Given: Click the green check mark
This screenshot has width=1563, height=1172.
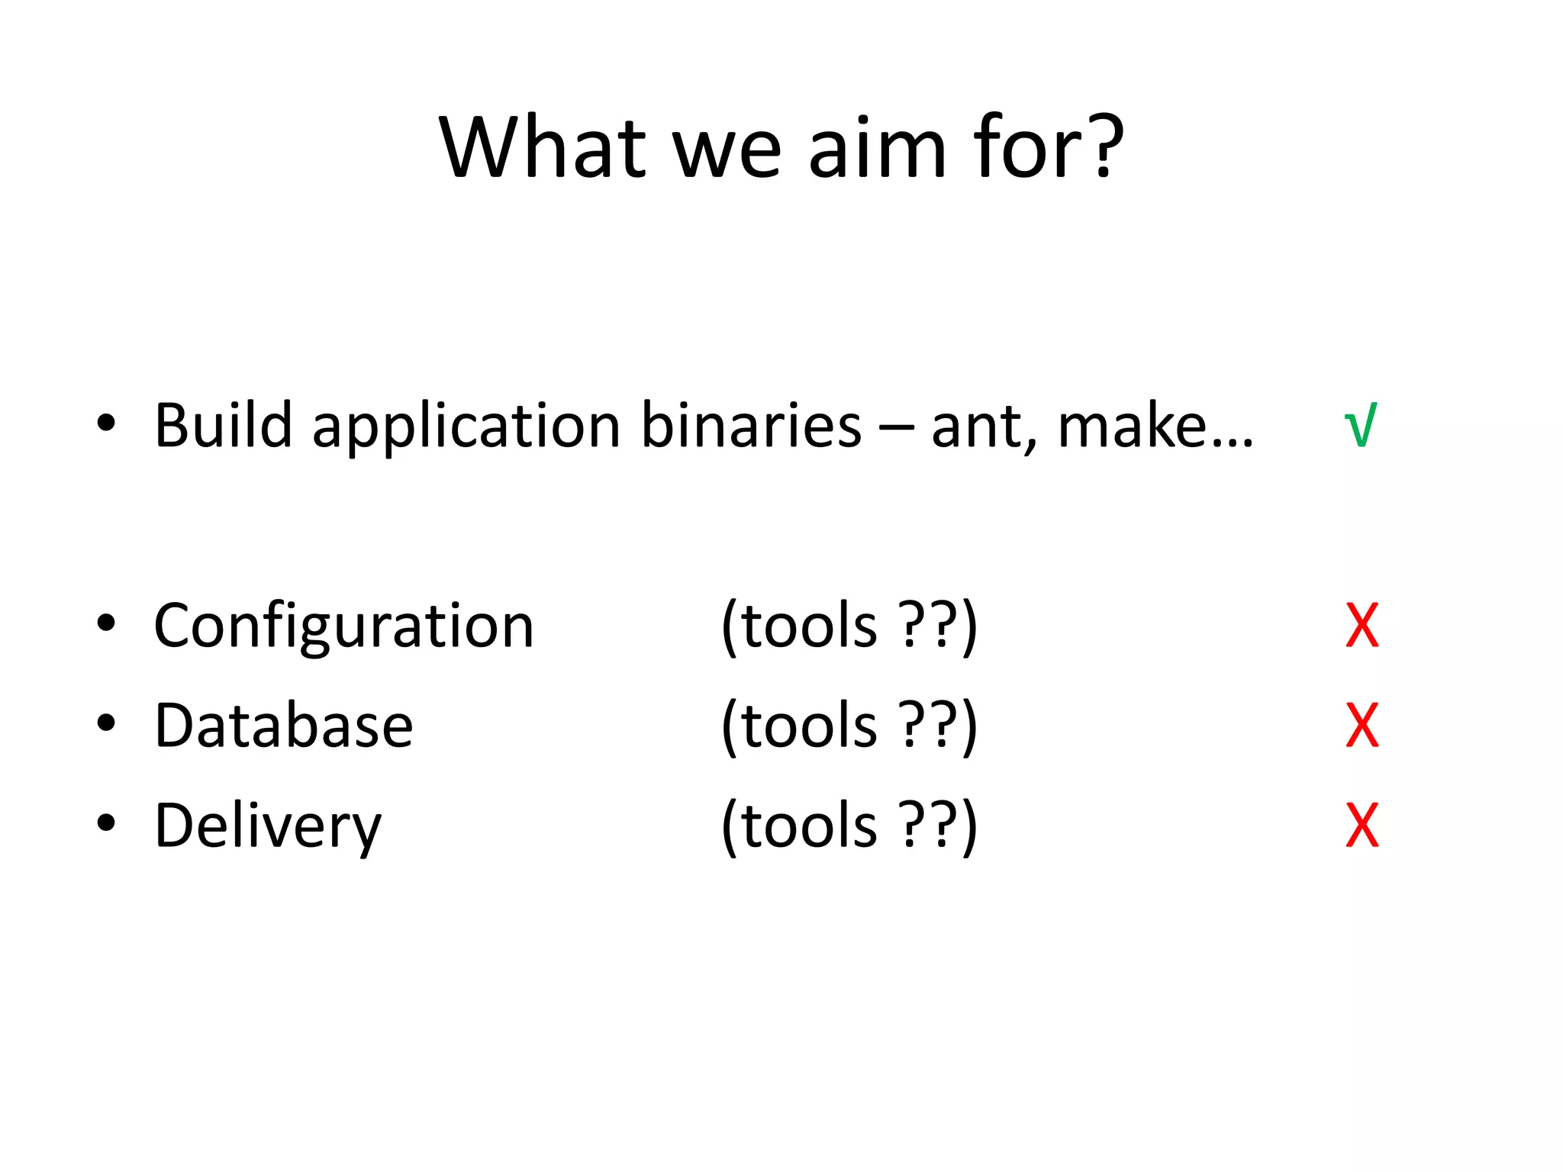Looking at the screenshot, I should pyautogui.click(x=1361, y=425).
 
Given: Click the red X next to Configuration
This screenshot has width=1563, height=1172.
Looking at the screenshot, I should pyautogui.click(x=1362, y=626).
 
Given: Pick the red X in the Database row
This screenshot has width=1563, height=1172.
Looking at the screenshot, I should pyautogui.click(x=1362, y=725).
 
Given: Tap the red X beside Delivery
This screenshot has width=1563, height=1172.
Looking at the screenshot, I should pyautogui.click(x=1362, y=825).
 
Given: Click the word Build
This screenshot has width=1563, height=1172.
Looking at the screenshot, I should pyautogui.click(x=223, y=425).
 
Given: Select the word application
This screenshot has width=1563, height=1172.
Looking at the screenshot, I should pyautogui.click(x=466, y=427).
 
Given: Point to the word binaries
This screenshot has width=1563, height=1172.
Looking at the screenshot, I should pyautogui.click(x=751, y=425).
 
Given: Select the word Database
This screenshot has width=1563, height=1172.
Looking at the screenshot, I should pyautogui.click(x=283, y=725).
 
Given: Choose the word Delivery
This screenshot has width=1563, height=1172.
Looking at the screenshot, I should pyautogui.click(x=267, y=826).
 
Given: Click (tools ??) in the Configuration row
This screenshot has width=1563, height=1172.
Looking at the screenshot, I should pyautogui.click(x=849, y=626).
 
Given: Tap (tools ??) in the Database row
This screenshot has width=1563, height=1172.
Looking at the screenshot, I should pyautogui.click(x=849, y=725).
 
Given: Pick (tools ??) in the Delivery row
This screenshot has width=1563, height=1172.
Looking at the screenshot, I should pyautogui.click(x=849, y=825).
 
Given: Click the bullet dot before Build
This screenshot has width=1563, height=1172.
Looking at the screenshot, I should pyautogui.click(x=106, y=423).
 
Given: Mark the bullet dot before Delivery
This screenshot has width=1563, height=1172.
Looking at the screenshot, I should pyautogui.click(x=106, y=823).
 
